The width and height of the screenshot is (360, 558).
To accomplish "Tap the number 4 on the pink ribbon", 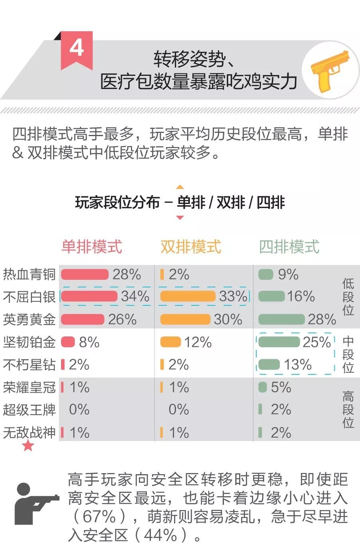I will (x=77, y=48).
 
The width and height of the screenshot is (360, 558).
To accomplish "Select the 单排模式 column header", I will (x=92, y=246).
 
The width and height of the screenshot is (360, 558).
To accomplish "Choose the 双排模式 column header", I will (x=191, y=246).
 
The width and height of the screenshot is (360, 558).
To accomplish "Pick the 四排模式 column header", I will (x=289, y=246).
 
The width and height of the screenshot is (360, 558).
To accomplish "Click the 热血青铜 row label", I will (x=29, y=275).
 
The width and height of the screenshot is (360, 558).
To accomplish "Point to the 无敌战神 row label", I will (x=29, y=432).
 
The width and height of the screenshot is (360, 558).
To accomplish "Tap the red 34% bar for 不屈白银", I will (x=89, y=296).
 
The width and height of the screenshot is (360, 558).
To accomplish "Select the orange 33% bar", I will (x=188, y=296).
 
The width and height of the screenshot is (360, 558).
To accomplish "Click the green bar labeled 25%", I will (x=279, y=342).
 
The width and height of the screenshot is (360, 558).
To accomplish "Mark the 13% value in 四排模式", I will (x=298, y=364).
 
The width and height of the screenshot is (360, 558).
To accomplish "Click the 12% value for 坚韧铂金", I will (x=198, y=342).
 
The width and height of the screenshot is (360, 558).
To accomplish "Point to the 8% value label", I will (x=89, y=342).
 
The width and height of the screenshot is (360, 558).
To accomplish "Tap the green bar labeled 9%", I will (x=266, y=275).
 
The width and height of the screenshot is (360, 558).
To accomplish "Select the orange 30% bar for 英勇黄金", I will (x=185, y=319).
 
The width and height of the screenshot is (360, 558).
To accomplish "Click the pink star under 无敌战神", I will (x=28, y=445).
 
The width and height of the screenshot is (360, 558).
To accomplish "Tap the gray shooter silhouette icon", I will (x=34, y=503).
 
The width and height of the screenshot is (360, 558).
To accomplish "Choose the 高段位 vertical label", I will (x=348, y=409).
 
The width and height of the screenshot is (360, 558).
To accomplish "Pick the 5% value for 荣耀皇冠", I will (x=281, y=387).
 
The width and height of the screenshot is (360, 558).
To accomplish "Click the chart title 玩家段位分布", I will (x=117, y=202).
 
